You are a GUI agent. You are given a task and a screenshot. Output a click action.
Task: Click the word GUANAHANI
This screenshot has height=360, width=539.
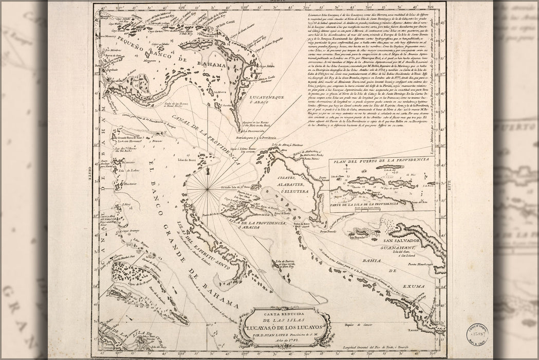tap(405, 247)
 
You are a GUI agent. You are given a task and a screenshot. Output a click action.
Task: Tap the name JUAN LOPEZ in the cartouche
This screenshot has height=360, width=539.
tap(276, 334)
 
